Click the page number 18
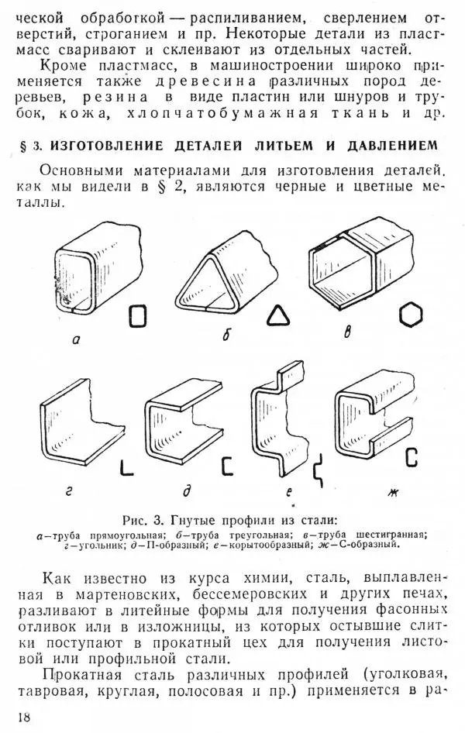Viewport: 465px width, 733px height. [x=24, y=717]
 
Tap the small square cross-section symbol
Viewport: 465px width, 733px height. [x=138, y=316]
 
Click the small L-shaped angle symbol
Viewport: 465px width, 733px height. [x=126, y=468]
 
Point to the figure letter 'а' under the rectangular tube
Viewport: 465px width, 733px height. [x=76, y=341]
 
